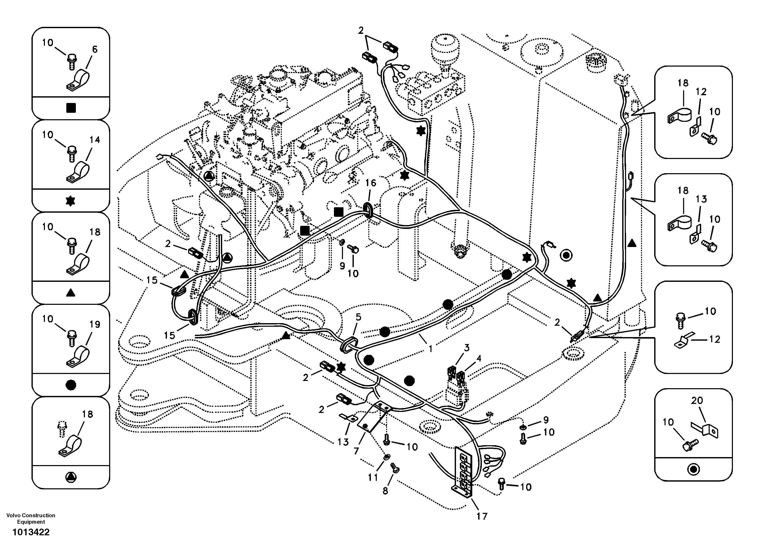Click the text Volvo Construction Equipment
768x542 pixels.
point(31,519)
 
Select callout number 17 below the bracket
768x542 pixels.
point(482,516)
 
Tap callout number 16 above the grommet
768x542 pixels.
point(371,183)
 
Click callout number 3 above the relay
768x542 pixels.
point(466,348)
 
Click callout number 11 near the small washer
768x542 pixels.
point(373,477)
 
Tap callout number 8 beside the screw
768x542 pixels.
point(385,491)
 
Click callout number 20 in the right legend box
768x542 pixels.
point(697,400)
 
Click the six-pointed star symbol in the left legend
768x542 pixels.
point(70,201)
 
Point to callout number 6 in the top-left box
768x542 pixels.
point(95,50)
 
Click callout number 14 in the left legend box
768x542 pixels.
point(95,140)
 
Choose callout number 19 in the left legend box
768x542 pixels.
point(95,324)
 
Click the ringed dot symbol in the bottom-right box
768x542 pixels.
point(693,469)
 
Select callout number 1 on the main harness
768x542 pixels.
point(431,349)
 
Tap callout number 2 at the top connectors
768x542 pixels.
point(361,30)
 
